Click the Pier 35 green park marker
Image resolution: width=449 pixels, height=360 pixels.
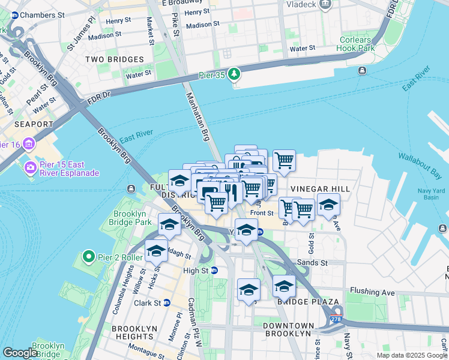point(234,74)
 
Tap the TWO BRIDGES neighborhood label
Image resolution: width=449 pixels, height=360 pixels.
point(114,59)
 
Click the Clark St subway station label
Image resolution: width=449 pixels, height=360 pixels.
point(149,303)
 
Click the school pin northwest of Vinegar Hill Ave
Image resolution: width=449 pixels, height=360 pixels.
point(328,205)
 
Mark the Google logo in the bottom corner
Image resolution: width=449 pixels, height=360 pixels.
point(20,353)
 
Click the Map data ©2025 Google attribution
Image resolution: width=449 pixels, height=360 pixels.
point(411,355)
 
